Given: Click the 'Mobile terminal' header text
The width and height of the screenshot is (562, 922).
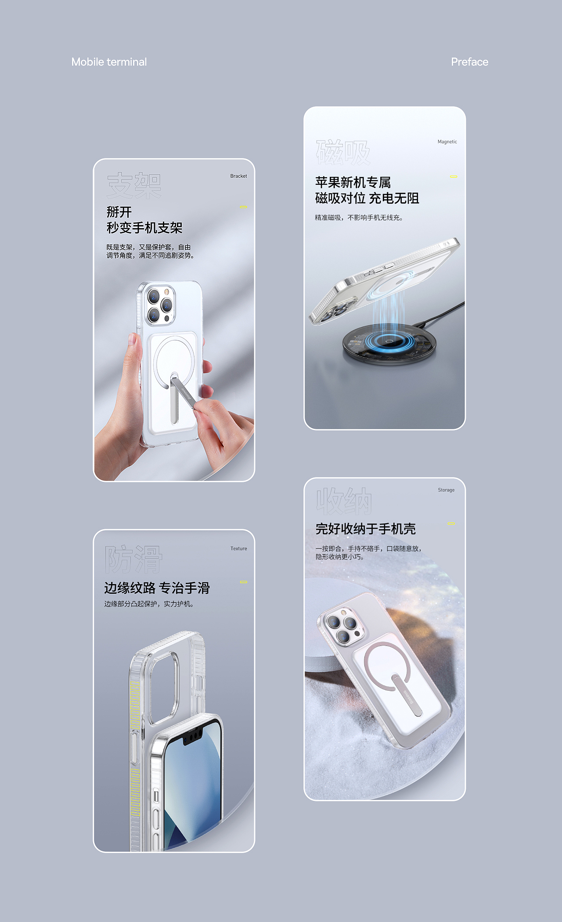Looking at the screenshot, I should pyautogui.click(x=109, y=62).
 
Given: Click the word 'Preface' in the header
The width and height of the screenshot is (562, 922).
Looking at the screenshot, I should pyautogui.click(x=469, y=62).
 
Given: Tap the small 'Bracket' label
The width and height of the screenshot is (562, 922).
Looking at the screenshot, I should pyautogui.click(x=238, y=176).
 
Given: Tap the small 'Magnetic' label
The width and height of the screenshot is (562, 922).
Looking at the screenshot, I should pyautogui.click(x=447, y=142).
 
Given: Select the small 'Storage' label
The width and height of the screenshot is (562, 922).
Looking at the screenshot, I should pyautogui.click(x=446, y=490).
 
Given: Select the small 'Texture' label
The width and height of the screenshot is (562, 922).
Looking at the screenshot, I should pyautogui.click(x=238, y=549).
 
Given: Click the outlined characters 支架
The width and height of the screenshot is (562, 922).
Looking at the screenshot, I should pyautogui.click(x=134, y=185).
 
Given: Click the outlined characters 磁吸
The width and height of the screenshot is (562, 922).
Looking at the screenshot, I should pyautogui.click(x=343, y=153).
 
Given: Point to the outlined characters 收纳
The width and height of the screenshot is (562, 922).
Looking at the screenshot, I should pyautogui.click(x=344, y=501).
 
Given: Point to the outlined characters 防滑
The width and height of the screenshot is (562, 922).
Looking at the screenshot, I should pyautogui.click(x=133, y=560).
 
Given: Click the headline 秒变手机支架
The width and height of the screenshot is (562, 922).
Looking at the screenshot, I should pyautogui.click(x=144, y=228).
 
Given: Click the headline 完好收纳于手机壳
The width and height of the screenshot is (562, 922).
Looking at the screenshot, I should pyautogui.click(x=365, y=529).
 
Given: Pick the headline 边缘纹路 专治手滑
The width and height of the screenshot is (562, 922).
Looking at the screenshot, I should pyautogui.click(x=157, y=588).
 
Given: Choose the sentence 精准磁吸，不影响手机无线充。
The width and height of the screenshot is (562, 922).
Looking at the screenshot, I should pyautogui.click(x=359, y=218).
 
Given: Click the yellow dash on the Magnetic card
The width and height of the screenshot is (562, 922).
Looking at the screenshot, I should pyautogui.click(x=454, y=176).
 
